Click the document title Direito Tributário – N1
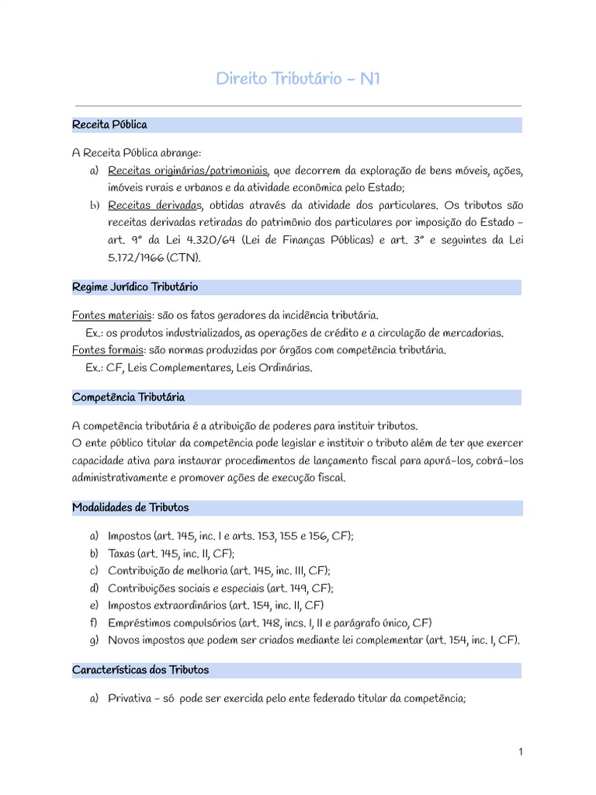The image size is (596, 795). [297, 80]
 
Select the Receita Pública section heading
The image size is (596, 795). [109, 124]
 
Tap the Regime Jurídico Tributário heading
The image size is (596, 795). [134, 287]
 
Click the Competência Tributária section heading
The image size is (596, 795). [128, 397]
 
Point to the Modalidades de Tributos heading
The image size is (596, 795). [130, 508]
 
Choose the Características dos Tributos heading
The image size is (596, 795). [140, 669]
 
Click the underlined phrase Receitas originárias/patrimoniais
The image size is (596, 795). [188, 171]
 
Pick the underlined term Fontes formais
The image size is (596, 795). [105, 350]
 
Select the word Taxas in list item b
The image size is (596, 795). [122, 554]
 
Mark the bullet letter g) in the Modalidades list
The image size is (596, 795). [94, 641]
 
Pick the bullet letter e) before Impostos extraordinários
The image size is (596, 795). [94, 606]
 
